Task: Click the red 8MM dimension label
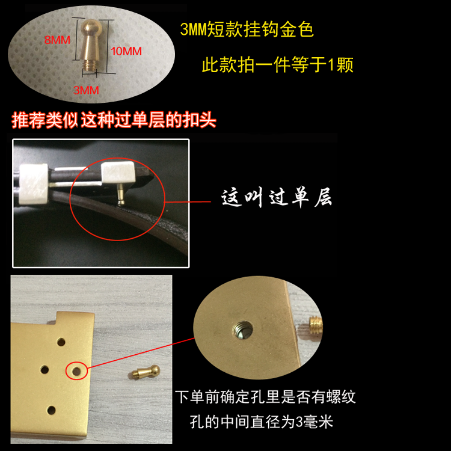tap(57, 40)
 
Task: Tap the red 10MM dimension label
tap(126, 51)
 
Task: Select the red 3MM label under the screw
tap(86, 90)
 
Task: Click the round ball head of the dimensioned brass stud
tap(91, 28)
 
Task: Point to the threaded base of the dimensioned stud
tap(89, 64)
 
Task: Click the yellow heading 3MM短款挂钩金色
tap(247, 29)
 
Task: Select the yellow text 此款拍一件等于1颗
tap(278, 64)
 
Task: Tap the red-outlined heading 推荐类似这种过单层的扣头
tap(114, 120)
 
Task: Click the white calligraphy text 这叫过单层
tap(277, 197)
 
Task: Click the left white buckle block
tap(33, 183)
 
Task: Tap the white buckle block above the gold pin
tap(118, 172)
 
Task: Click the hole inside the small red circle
tap(76, 371)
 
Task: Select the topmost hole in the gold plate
tap(61, 342)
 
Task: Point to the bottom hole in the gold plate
tap(52, 410)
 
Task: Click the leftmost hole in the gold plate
tap(44, 370)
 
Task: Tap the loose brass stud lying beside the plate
tap(144, 372)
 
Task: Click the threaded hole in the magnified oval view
tap(242, 330)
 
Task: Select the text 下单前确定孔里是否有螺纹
tap(265, 397)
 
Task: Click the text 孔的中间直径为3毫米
tap(261, 422)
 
